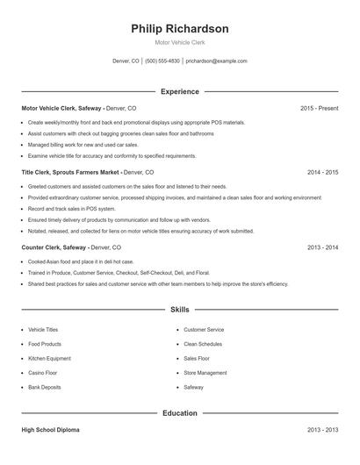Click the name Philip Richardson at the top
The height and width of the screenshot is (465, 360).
(179, 29)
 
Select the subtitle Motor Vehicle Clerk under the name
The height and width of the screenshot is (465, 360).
(179, 42)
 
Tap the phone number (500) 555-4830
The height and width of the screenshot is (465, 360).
(162, 61)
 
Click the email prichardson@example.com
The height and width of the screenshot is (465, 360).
(216, 61)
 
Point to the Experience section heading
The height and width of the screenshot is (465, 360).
(179, 91)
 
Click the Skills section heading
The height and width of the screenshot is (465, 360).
(179, 310)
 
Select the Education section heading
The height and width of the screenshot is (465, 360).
(179, 412)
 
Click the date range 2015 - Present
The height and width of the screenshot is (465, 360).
(319, 108)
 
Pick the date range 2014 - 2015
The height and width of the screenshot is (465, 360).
(322, 172)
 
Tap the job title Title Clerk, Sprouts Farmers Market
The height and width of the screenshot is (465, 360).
(70, 172)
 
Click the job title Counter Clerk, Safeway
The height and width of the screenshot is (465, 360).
(54, 247)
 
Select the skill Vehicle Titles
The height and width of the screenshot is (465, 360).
(43, 329)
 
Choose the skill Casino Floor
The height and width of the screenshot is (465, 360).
(42, 372)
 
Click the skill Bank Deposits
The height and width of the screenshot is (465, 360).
(45, 387)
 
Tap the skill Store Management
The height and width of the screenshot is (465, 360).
(205, 372)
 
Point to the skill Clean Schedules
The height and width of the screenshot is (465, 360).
(203, 344)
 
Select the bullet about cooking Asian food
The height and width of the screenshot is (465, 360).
(81, 261)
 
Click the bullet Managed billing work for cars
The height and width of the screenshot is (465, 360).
(83, 145)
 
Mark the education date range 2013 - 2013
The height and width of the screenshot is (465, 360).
(322, 430)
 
